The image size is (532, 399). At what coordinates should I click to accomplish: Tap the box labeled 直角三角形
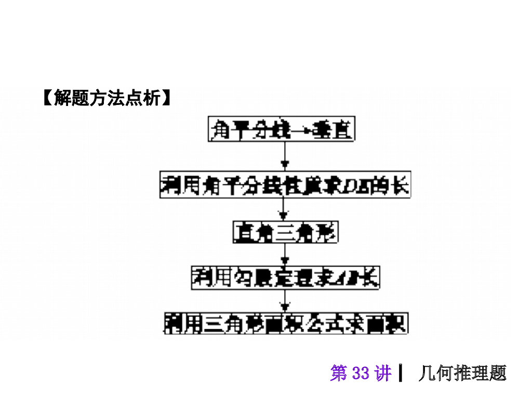(x=285, y=232)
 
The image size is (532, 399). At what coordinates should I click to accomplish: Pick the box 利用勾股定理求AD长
(x=285, y=278)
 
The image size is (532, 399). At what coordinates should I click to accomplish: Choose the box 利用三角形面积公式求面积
(x=285, y=323)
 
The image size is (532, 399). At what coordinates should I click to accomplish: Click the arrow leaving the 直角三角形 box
(x=284, y=255)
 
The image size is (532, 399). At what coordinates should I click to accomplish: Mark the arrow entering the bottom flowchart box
(x=284, y=301)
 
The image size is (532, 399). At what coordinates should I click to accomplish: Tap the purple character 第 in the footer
(x=339, y=374)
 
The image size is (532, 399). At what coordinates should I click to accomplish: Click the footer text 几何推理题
(x=462, y=374)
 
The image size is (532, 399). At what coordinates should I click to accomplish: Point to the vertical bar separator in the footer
(x=401, y=374)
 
